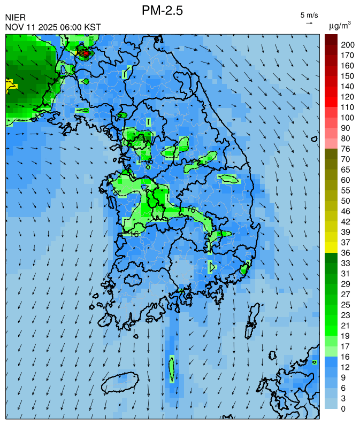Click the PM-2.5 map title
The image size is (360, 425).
(163, 10)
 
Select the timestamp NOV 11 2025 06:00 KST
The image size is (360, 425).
(52, 27)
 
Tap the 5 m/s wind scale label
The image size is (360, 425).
(309, 14)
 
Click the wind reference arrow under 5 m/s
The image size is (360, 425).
(309, 23)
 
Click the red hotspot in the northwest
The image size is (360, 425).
(85, 53)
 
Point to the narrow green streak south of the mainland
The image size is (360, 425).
(172, 368)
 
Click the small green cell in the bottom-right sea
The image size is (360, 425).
(315, 362)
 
